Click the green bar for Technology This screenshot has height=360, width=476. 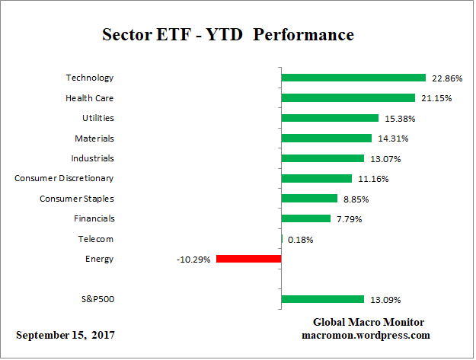(x=353, y=78)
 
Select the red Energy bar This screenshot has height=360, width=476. (x=249, y=259)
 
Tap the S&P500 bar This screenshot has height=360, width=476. (x=323, y=299)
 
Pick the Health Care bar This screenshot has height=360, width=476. (x=348, y=97)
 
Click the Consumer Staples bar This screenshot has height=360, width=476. (x=309, y=199)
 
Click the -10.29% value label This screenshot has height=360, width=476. (x=193, y=260)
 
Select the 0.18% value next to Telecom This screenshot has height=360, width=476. (x=299, y=240)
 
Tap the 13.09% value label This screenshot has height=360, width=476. (x=385, y=300)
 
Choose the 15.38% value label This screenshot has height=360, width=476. (x=399, y=119)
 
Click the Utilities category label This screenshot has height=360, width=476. (x=97, y=118)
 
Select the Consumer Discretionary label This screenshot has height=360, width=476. (x=64, y=178)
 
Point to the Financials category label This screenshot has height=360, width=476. (x=93, y=218)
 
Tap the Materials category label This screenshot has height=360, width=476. (x=95, y=138)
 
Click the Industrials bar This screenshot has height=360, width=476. (x=323, y=158)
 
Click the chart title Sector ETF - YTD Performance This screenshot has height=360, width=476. (x=228, y=36)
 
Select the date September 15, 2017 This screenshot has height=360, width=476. (x=66, y=336)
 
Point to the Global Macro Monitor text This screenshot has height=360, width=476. (x=369, y=322)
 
